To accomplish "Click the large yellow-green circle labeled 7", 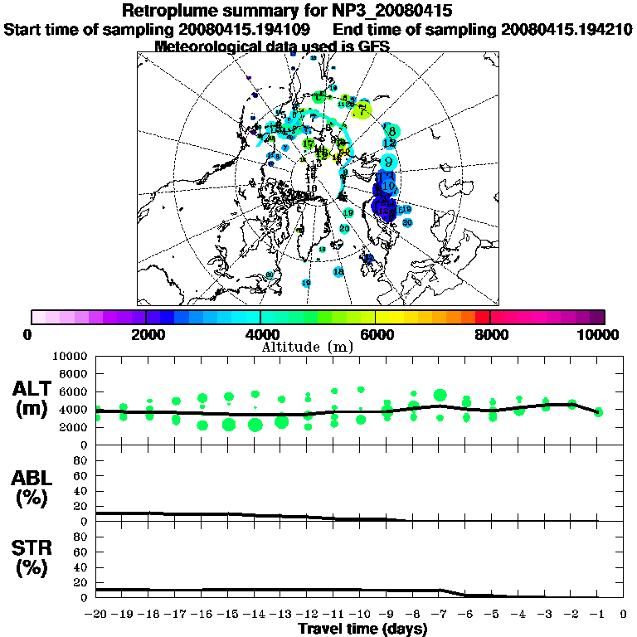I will coord(364,109).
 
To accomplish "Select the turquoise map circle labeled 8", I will coord(391,130).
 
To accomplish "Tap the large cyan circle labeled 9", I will coord(388,162).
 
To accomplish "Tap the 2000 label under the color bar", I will coord(146,335).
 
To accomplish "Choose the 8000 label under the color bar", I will coord(490,335).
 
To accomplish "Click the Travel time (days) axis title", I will coord(362,629).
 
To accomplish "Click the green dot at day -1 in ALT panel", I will coord(598,411).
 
